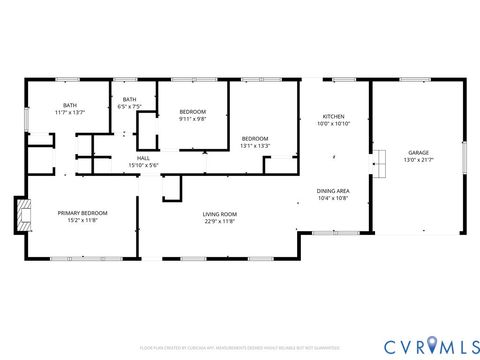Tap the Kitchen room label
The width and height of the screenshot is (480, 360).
332,116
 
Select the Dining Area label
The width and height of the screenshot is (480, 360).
332,191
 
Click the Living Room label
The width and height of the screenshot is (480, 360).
219,214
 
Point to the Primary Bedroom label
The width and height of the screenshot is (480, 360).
82,214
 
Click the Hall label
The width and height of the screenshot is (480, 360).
143,158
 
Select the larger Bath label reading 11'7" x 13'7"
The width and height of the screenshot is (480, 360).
69,105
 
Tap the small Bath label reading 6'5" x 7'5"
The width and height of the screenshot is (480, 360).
129,99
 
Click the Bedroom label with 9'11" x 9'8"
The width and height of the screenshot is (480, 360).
192,112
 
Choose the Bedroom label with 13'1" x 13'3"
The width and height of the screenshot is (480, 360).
255,138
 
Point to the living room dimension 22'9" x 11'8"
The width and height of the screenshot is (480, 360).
219,221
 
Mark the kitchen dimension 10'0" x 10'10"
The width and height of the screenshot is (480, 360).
332,123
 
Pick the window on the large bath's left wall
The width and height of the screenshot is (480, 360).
26,116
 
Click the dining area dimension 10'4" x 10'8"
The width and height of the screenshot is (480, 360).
332,198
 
